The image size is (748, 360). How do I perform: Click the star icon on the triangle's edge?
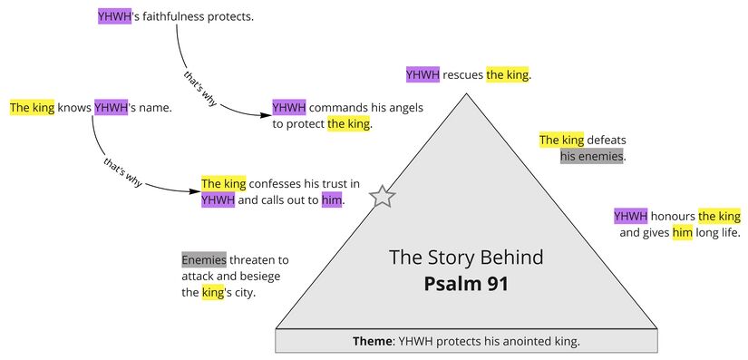click(x=384, y=196)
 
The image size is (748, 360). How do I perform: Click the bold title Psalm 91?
click(x=466, y=283)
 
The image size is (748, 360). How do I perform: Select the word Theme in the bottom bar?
click(x=371, y=342)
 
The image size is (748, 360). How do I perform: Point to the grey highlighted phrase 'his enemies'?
click(x=593, y=157)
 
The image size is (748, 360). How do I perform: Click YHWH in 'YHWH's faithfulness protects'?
click(x=114, y=16)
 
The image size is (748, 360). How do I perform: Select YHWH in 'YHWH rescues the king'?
click(x=423, y=74)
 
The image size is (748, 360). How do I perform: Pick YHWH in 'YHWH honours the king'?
click(x=630, y=216)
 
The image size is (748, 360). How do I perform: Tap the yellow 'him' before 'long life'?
click(x=682, y=233)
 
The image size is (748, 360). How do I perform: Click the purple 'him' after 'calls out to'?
click(x=332, y=200)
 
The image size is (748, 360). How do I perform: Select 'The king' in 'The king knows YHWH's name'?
click(x=32, y=108)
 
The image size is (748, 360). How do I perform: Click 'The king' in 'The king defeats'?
click(x=561, y=140)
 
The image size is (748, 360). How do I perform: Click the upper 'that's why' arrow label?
click(x=198, y=87)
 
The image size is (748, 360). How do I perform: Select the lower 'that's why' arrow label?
click(x=123, y=171)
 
